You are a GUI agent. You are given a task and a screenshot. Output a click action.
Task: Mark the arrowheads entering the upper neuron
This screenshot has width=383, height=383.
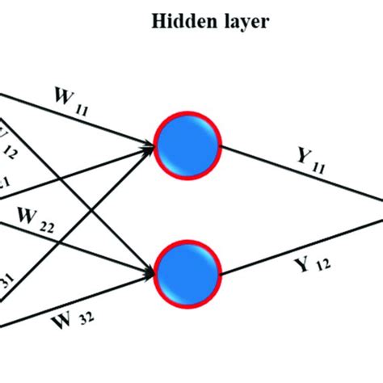(x=149, y=146)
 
